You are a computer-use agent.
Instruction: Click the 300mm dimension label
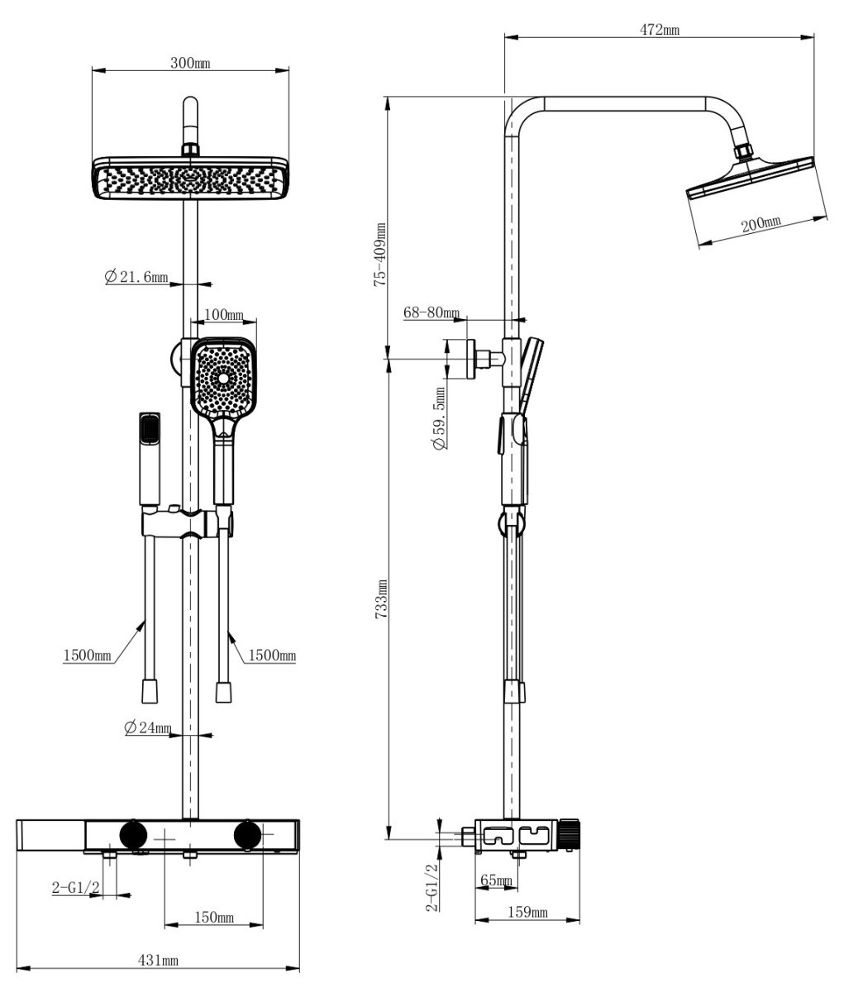pyautogui.click(x=190, y=63)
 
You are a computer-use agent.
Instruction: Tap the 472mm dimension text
pyautogui.click(x=660, y=30)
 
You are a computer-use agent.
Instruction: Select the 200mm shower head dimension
pyautogui.click(x=761, y=224)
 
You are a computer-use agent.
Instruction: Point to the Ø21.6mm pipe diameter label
pyautogui.click(x=136, y=276)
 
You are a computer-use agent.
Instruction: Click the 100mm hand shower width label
pyautogui.click(x=223, y=315)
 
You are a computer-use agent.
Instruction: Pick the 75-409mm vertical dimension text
pyautogui.click(x=380, y=255)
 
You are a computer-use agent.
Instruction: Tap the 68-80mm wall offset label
pyautogui.click(x=432, y=312)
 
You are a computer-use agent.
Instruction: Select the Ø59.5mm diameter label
pyautogui.click(x=439, y=418)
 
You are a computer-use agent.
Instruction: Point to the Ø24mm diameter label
pyautogui.click(x=148, y=727)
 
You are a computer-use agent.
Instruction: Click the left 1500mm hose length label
pyautogui.click(x=87, y=656)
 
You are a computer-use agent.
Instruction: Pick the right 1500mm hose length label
pyautogui.click(x=272, y=656)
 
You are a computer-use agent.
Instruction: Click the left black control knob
pyautogui.click(x=133, y=835)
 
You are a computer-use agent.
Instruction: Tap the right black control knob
pyautogui.click(x=248, y=835)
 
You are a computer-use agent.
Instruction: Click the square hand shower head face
pyautogui.click(x=223, y=378)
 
